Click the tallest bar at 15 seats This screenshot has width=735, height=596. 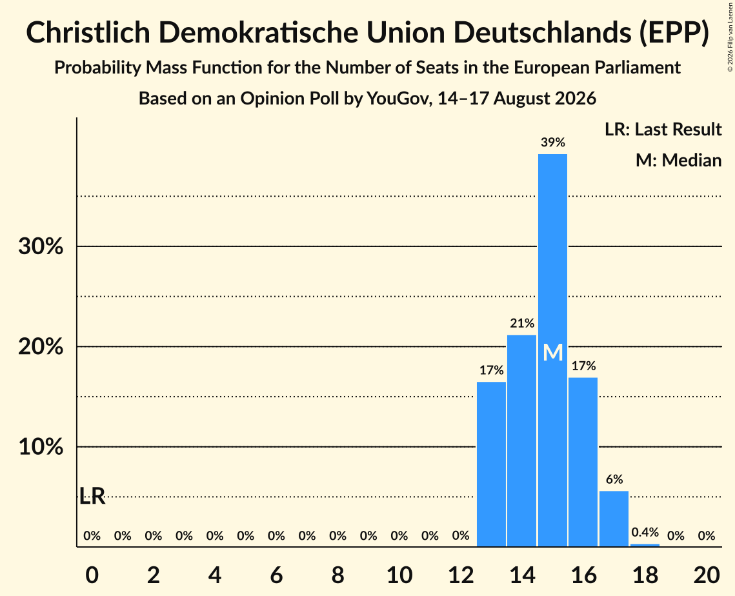pos(552,350)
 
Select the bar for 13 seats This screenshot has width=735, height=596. pos(491,464)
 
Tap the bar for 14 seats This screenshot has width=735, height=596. pos(521,441)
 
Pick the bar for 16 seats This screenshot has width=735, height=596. pos(583,462)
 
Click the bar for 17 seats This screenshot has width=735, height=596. pos(614,519)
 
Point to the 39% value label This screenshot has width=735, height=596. pos(552,143)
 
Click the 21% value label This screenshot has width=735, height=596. pos(522,323)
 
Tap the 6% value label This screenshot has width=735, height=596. pos(614,479)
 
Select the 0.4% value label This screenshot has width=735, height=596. pos(645,532)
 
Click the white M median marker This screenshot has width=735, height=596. pos(552,352)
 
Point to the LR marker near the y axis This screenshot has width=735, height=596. pos(92,496)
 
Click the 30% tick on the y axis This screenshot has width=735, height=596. pos(41,246)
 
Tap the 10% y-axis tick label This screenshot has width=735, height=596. pos(41,447)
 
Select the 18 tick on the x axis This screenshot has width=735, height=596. pos(645,575)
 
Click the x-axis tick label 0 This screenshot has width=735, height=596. pos(92,575)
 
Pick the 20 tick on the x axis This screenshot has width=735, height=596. pos(707,575)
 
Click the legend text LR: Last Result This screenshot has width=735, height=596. pos(663,129)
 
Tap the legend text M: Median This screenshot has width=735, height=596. pos(678,161)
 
